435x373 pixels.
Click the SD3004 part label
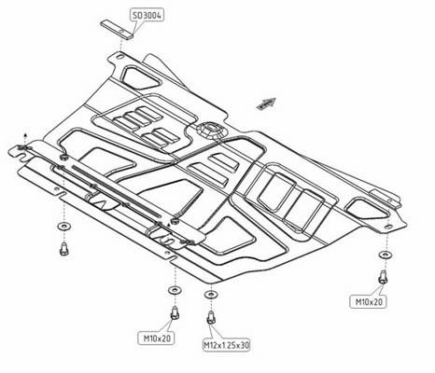(147, 15)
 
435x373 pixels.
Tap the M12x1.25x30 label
(227, 345)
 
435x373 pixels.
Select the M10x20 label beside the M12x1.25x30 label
(157, 338)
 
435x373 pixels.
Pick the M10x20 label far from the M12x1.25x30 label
(369, 302)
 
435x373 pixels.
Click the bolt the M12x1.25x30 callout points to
(211, 318)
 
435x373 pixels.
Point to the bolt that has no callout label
(64, 249)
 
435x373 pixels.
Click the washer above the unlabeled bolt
(63, 226)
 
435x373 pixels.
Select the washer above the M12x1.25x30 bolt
(211, 294)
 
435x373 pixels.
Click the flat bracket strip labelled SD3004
(117, 29)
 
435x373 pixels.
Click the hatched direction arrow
(266, 104)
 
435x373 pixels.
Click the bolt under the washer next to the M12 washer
(175, 312)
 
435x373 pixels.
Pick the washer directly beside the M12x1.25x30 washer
(175, 291)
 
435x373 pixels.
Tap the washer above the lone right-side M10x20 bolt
(386, 255)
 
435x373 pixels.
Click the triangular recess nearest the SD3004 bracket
(141, 77)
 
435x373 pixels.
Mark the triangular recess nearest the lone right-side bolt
(367, 210)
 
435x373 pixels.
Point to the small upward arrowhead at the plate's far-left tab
(25, 135)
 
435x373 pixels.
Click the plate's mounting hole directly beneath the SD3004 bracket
(120, 57)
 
